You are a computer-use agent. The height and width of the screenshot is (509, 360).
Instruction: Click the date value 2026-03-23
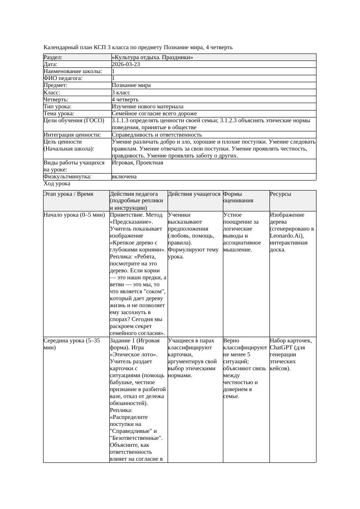tap(126, 64)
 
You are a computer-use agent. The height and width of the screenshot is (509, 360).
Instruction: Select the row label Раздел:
tap(53, 57)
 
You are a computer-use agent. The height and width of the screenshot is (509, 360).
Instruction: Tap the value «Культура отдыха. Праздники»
tap(152, 57)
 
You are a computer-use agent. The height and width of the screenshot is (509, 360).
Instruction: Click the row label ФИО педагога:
tap(63, 78)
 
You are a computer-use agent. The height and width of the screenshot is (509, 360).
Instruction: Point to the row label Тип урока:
tap(57, 107)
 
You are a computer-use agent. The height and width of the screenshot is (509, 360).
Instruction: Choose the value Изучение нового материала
tap(148, 107)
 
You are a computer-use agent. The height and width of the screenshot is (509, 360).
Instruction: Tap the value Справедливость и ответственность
tap(157, 135)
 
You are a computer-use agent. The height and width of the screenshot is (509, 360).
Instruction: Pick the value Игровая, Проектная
tap(138, 163)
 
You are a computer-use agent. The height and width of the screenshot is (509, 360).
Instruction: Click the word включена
tap(124, 177)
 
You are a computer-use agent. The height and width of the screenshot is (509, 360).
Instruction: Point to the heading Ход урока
tap(57, 184)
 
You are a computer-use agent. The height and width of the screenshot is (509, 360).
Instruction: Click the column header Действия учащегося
tap(194, 194)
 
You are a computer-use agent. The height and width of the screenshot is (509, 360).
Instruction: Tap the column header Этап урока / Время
tap(68, 194)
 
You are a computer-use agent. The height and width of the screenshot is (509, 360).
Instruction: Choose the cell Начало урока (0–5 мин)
tap(74, 215)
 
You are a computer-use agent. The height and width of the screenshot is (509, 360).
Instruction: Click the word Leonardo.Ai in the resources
tap(285, 236)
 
